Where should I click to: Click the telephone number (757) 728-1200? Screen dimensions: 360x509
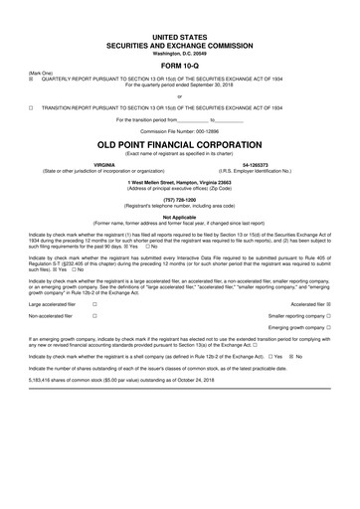coord(180,198)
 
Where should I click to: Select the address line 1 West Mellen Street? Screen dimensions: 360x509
coord(180,180)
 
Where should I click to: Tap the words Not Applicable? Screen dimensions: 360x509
coord(180,216)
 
